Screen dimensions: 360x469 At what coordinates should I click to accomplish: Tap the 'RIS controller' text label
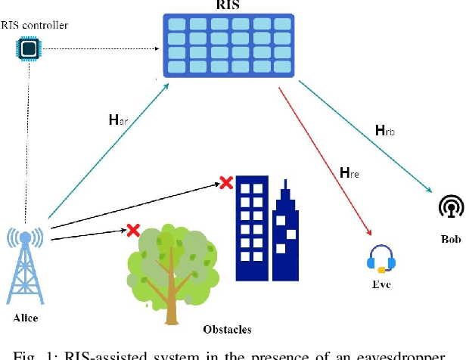pyautogui.click(x=35, y=25)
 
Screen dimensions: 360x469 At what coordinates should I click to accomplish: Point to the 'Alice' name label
pyautogui.click(x=26, y=318)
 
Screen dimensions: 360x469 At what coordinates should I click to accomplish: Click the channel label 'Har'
pyautogui.click(x=120, y=119)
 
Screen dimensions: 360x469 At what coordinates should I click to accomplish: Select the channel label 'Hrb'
pyautogui.click(x=385, y=131)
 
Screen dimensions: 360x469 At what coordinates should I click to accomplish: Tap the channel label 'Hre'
pyautogui.click(x=349, y=174)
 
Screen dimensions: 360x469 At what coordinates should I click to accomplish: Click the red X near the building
pyautogui.click(x=225, y=182)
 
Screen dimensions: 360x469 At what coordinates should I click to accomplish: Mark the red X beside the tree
pyautogui.click(x=133, y=229)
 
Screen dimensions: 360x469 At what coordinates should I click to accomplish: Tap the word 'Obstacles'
pyautogui.click(x=227, y=329)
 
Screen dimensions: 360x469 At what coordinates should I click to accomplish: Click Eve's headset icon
pyautogui.click(x=380, y=259)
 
